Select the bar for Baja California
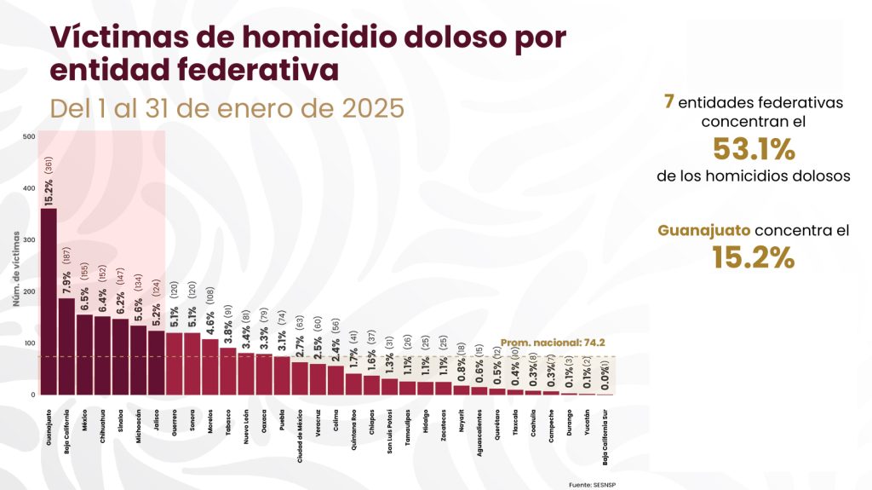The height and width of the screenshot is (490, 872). click(66, 346)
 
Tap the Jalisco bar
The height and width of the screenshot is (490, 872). click(156, 362)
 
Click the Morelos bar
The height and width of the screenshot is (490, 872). click(209, 366)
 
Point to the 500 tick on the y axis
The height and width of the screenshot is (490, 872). click(30, 136)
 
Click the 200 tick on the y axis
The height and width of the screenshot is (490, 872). click(30, 291)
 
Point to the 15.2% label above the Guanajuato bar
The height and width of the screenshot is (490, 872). click(49, 191)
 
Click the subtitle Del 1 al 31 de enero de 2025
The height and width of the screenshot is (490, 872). click(226, 109)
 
